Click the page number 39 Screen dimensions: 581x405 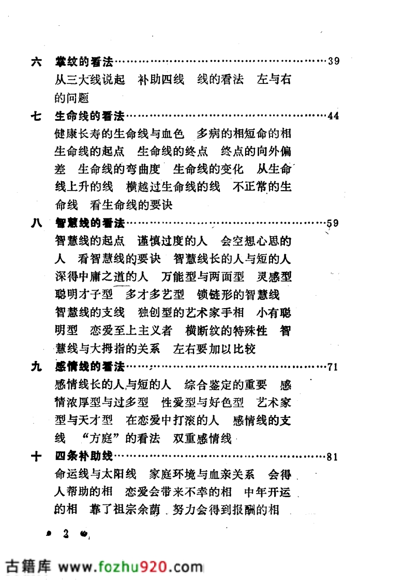pos(333,62)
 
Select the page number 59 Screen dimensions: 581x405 pos(333,224)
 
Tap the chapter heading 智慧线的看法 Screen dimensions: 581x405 pos(90,224)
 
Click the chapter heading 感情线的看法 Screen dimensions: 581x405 pos(90,368)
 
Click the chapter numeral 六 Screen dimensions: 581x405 pos(36,62)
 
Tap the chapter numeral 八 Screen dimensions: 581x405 pos(36,224)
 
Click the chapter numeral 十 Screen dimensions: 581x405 pos(36,457)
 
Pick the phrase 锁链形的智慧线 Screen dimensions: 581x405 pos(238,295)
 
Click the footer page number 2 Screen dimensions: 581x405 pos(66,534)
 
